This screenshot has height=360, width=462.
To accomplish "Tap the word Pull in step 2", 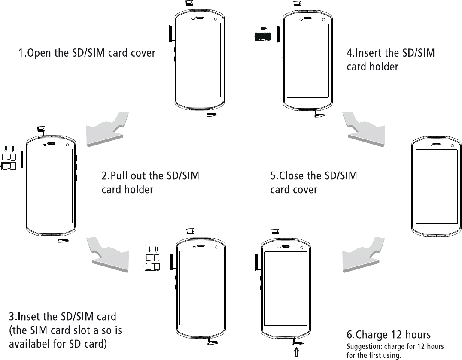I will tap(121, 176).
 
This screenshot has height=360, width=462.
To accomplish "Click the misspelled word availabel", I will tap(31, 344).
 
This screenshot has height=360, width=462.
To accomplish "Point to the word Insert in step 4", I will tap(370, 54).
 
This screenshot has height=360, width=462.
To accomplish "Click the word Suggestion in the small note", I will tap(365, 346).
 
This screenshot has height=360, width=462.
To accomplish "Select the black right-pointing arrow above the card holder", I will tap(264, 29).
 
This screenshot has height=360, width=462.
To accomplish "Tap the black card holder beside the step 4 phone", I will tap(261, 37).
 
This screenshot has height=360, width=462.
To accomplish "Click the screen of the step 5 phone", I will tap(436, 187).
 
